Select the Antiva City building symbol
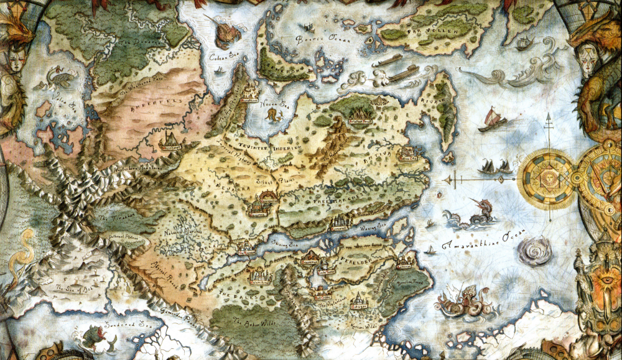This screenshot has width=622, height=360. click(407, 153)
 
